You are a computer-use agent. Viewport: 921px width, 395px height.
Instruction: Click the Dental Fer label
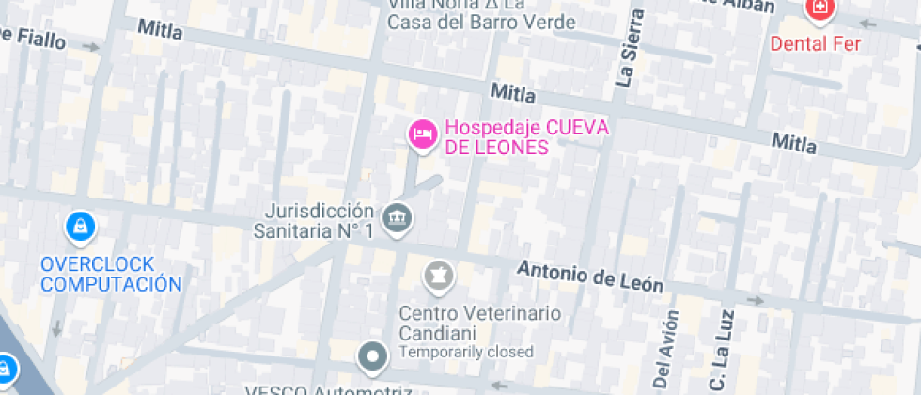coord(816,43)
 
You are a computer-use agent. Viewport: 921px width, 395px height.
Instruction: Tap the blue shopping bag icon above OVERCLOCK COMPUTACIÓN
coord(80,226)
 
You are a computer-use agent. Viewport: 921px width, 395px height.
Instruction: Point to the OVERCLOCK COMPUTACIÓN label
coord(111,273)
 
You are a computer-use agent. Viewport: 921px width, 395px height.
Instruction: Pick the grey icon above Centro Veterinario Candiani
coord(438,276)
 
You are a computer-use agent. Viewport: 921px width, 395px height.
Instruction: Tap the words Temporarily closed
coord(466,352)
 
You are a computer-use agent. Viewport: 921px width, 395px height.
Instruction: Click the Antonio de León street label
coord(590,276)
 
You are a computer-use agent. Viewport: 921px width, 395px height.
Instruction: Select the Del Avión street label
coord(665,350)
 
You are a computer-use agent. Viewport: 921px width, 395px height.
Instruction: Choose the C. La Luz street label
coord(719,352)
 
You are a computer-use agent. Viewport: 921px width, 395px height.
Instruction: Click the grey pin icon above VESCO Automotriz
coord(374,356)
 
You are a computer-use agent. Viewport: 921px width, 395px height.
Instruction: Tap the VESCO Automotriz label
coord(329,389)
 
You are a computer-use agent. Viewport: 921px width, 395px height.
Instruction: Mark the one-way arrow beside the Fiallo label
coord(91,45)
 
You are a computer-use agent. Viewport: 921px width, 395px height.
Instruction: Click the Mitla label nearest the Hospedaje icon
coord(513,93)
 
